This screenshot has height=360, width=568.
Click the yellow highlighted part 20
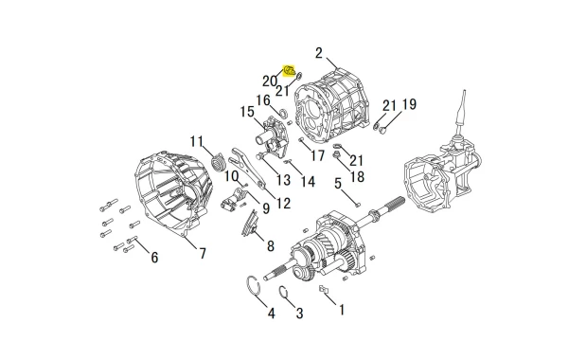289,71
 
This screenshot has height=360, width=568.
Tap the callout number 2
319,53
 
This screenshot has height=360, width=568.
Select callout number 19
409,104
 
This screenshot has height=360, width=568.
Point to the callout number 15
247,112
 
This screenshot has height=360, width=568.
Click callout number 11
197,141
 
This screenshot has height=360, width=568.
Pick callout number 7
203,253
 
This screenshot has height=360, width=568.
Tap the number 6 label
154,258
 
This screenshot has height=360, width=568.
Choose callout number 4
272,313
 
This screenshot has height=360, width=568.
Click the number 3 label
299,313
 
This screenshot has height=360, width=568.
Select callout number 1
341,310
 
